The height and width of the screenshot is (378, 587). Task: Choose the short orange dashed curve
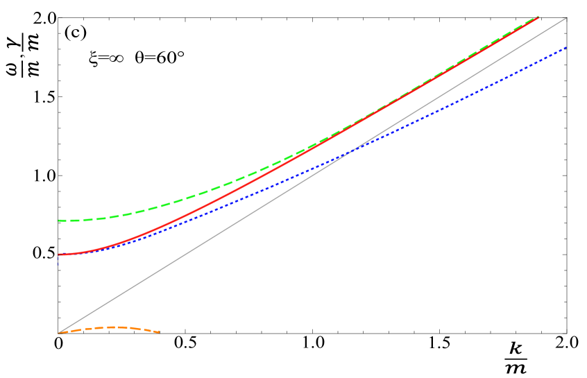click(x=111, y=327)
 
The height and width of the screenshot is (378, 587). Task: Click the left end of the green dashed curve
click(x=59, y=221)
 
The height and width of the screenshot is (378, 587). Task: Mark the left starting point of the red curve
click(x=59, y=255)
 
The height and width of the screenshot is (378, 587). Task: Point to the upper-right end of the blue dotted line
click(x=566, y=47)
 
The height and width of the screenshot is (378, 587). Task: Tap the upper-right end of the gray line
click(x=567, y=17)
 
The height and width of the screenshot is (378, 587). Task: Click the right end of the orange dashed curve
click(x=160, y=332)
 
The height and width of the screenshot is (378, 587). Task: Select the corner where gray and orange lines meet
click(x=60, y=333)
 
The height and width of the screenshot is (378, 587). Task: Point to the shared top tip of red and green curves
click(x=538, y=17)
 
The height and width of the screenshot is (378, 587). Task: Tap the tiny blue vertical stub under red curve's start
click(x=59, y=264)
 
